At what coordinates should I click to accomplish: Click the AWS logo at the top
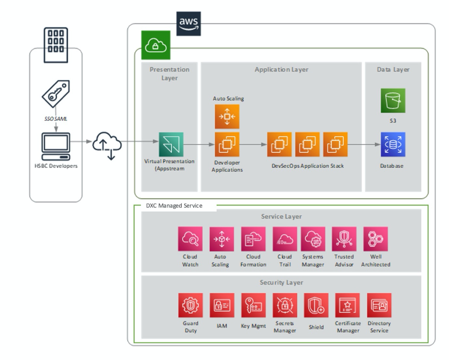coord(188,24)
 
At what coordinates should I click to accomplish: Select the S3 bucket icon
coord(393,101)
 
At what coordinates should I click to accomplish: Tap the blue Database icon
coord(393,145)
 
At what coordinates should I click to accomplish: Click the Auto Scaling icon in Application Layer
coord(227,117)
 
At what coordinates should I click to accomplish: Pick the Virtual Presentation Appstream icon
coord(171,145)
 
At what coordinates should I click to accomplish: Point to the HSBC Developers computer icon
coord(55,146)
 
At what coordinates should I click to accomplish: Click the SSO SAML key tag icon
coord(56,94)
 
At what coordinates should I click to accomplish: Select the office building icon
coord(55,45)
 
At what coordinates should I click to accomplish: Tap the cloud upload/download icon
coord(107,144)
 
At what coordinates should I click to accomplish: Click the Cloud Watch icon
coord(190,239)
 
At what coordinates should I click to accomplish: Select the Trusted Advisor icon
coord(344,239)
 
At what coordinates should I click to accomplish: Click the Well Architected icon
coord(376,239)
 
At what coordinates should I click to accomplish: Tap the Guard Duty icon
coord(190,306)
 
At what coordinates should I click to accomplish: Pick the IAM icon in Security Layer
coord(222,306)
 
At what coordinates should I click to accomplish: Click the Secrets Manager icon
coord(285,306)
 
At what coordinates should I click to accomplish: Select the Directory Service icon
coord(379,306)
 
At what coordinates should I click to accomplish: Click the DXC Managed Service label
coord(174,206)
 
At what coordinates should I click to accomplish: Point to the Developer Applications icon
coord(227,145)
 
